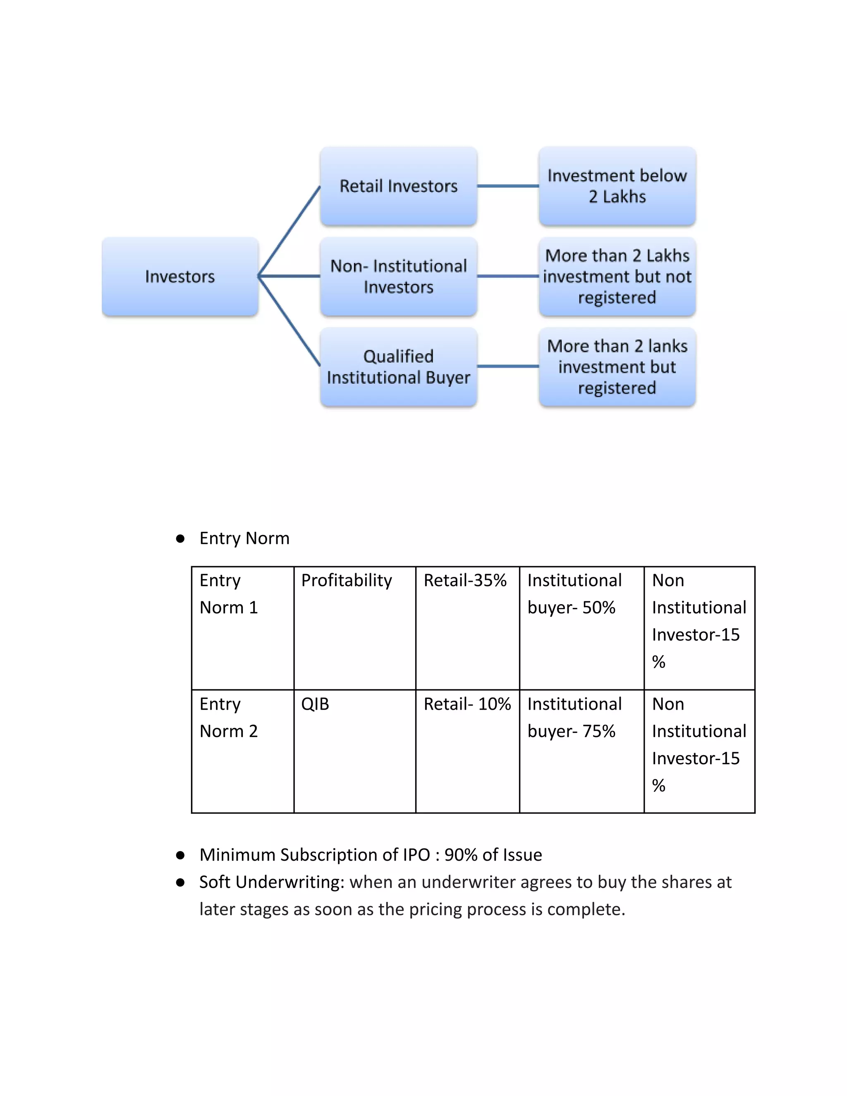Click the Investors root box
[x=179, y=277]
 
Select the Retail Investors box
[x=398, y=186]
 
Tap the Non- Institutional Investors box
[x=398, y=277]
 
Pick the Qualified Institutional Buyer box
[x=398, y=367]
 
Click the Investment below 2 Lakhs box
[x=617, y=186]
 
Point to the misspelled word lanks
[x=668, y=346]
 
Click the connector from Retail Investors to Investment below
[x=508, y=186]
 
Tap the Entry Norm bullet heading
[x=244, y=538]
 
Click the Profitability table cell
[x=346, y=581]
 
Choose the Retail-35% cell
[x=465, y=581]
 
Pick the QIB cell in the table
[x=315, y=704]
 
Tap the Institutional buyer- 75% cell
[x=574, y=718]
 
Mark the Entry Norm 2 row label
[x=229, y=718]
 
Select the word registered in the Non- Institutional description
[x=617, y=298]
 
